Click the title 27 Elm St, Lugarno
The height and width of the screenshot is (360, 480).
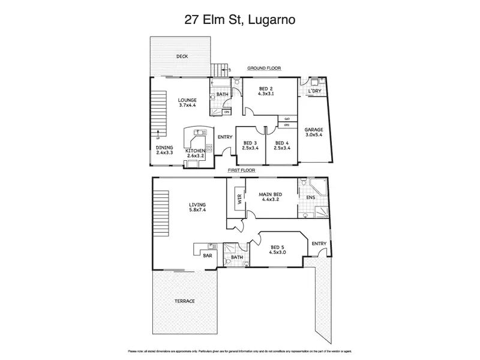pos(239,20)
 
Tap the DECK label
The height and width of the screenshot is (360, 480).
pos(182,57)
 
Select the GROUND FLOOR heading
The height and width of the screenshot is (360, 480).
pos(264,68)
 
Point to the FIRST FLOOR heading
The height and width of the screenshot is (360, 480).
pos(241,170)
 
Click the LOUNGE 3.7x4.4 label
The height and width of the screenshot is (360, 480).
pos(188,102)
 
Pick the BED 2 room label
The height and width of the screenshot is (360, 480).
pos(266,91)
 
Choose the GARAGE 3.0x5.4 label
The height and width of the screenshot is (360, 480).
pos(314,133)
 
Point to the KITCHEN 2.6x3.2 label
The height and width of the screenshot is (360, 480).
pos(196,153)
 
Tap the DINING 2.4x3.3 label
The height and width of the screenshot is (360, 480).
pos(164,150)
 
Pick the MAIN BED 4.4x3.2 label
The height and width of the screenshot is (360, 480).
pos(271,197)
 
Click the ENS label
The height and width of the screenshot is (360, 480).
pos(311,197)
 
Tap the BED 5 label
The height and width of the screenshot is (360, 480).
pos(278,250)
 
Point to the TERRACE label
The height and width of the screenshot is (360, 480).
pos(185,301)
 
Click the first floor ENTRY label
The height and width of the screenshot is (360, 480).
pos(319,243)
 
